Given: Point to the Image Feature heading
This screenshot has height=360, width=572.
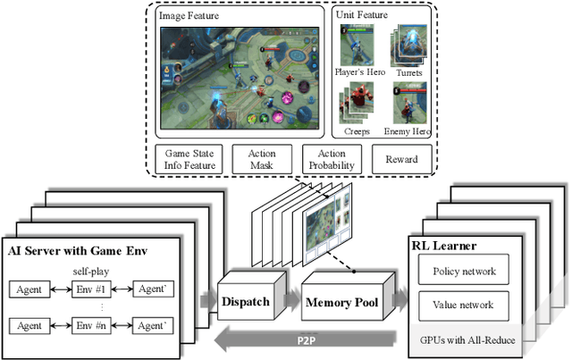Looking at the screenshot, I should (x=190, y=15).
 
